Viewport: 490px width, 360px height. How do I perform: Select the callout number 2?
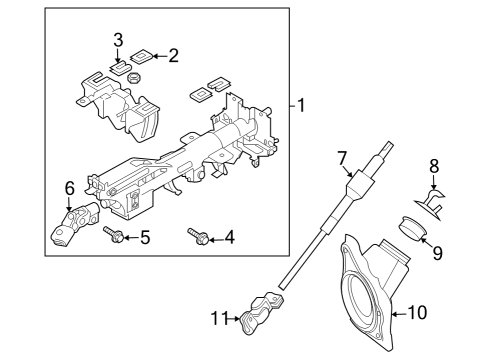tap(173, 56)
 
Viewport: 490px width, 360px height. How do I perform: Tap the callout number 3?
tap(117, 40)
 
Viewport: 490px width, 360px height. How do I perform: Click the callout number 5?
tap(145, 237)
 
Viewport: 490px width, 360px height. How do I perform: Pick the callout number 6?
tap(69, 187)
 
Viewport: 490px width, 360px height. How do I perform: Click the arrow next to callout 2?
tap(158, 56)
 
